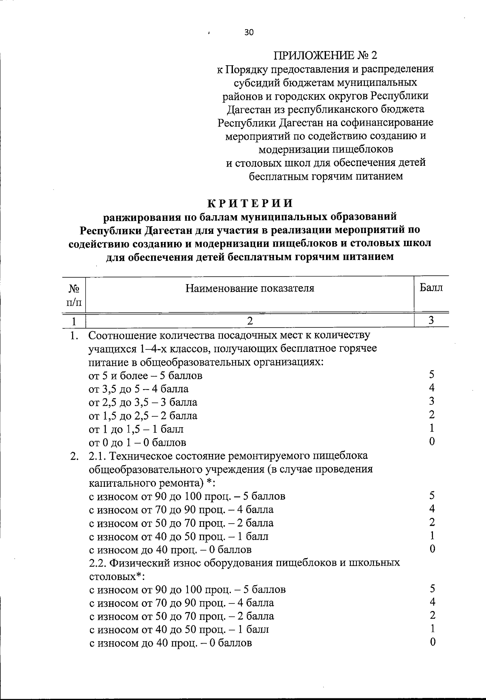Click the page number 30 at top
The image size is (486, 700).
[249, 33]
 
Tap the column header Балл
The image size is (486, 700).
[431, 288]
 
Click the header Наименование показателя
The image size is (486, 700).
[250, 288]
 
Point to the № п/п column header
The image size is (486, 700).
[74, 295]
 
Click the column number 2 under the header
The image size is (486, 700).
[250, 321]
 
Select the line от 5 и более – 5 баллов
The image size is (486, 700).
[145, 376]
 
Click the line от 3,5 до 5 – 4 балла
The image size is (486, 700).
[139, 389]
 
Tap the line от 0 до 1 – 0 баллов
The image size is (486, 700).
[137, 442]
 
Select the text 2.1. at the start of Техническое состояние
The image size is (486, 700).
[97, 456]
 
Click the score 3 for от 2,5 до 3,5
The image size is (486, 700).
[432, 401]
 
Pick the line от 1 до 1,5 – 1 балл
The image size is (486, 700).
[136, 429]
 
